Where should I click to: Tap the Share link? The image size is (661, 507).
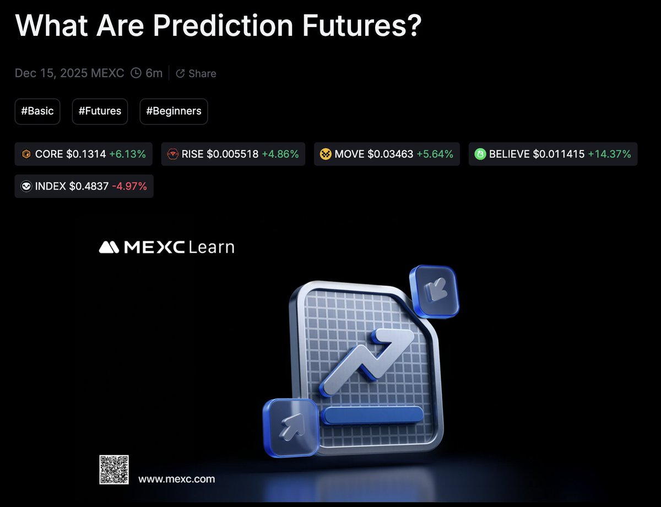[x=202, y=73]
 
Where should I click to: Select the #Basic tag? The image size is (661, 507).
[x=37, y=111]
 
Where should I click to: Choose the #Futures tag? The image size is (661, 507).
[x=100, y=111]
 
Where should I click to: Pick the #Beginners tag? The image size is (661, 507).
[x=174, y=111]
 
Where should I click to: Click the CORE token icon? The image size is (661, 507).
[x=26, y=154]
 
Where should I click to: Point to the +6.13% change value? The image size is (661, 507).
[x=127, y=154]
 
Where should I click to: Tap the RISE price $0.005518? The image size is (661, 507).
[x=232, y=154]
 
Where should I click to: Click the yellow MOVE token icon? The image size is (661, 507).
[x=326, y=154]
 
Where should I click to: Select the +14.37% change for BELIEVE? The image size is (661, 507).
[x=609, y=154]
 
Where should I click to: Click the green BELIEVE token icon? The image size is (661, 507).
[x=480, y=154]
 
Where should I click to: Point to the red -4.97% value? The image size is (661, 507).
[x=129, y=186]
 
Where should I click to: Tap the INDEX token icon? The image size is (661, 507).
[x=26, y=186]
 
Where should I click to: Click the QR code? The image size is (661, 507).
[x=113, y=470]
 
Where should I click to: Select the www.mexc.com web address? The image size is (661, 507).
[x=176, y=479]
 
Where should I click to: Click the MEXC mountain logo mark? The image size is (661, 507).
[x=110, y=247]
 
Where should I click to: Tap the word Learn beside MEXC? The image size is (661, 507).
[x=211, y=247]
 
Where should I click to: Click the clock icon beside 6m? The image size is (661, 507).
[x=136, y=73]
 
